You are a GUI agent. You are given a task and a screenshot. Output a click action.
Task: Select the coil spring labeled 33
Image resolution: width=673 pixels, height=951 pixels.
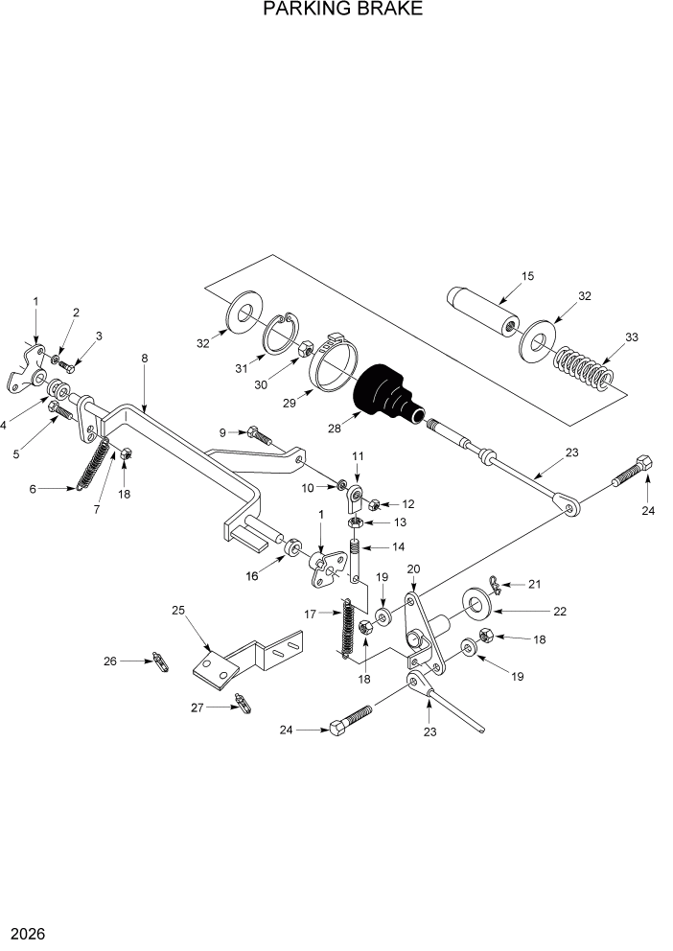click(583, 368)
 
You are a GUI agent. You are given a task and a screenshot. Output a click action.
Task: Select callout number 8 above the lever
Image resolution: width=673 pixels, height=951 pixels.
click(145, 359)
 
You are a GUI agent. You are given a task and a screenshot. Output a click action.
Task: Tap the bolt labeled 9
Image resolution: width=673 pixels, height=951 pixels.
click(259, 435)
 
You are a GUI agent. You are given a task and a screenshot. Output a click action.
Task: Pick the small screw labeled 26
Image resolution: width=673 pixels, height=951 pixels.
click(160, 661)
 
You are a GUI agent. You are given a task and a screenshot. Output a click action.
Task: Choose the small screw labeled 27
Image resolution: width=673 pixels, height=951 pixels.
click(245, 705)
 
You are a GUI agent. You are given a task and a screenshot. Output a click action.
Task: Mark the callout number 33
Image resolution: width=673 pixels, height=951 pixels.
click(631, 337)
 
